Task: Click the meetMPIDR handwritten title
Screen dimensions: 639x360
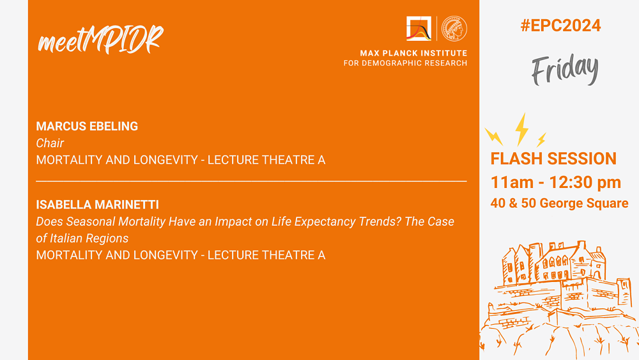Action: click(x=100, y=40)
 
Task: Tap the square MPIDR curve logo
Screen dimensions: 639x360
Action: click(x=419, y=29)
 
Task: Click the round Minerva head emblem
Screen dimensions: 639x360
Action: click(x=454, y=29)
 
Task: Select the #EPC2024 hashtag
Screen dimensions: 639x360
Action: click(x=560, y=26)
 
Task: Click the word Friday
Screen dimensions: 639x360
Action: click(x=565, y=69)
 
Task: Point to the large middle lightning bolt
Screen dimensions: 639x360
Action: click(x=521, y=129)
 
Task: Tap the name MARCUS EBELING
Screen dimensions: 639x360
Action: click(x=87, y=127)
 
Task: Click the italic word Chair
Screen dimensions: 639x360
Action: click(x=50, y=143)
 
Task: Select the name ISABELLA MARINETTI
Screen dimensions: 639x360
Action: click(x=97, y=205)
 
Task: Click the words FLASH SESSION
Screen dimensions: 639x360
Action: click(x=553, y=159)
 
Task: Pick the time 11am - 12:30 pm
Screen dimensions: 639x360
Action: click(x=556, y=182)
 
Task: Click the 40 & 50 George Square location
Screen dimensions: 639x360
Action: click(x=559, y=203)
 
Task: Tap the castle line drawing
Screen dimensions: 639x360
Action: click(x=559, y=300)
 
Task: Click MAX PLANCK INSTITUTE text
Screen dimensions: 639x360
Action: click(x=413, y=53)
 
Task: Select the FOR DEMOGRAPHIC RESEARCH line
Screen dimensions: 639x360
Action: click(x=406, y=63)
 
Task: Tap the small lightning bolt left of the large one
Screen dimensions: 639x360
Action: click(x=493, y=137)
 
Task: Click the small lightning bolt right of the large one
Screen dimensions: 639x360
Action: click(x=541, y=140)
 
